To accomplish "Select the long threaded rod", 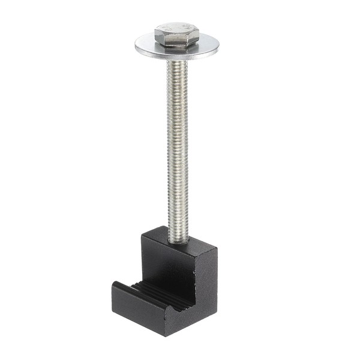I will (x=178, y=150).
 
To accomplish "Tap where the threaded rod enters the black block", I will (x=178, y=241).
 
